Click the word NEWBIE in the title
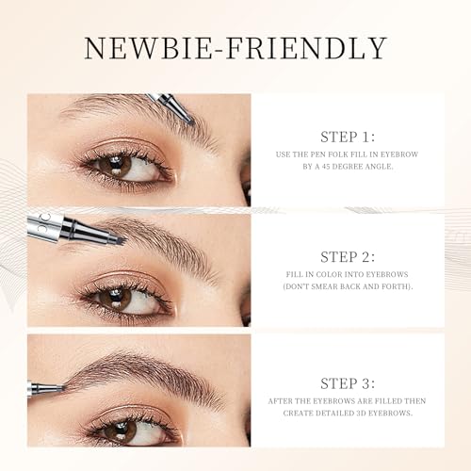[x=148, y=48]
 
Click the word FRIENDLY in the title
[x=306, y=48]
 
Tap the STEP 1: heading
[x=348, y=137]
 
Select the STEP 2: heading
[x=348, y=257]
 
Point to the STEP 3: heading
[x=348, y=383]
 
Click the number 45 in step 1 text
[x=326, y=167]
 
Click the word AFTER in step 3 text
[x=280, y=401]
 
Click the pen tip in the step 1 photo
[x=190, y=122]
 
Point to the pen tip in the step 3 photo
[x=63, y=388]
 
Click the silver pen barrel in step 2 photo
[x=45, y=228]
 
